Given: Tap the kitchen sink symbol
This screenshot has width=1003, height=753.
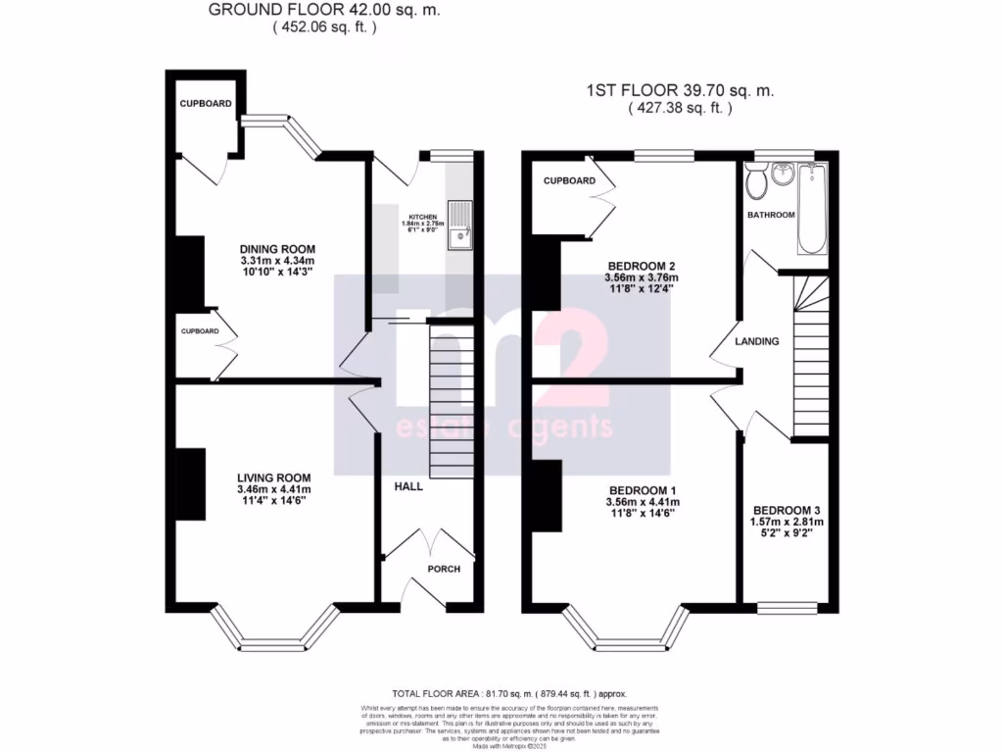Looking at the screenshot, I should point(459,225).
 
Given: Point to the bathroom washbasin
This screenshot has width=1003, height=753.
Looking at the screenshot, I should point(782,175).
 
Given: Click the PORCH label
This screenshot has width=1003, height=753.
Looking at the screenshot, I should point(443,569).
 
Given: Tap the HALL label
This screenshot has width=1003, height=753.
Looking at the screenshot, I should point(408,486).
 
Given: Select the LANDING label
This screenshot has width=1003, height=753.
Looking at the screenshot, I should point(757,342).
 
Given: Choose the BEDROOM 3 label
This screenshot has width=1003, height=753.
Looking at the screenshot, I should point(788,511).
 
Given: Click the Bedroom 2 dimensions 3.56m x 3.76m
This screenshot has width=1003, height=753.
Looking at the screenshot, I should point(643,278).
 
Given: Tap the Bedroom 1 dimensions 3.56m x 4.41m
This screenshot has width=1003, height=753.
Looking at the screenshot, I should point(643,502).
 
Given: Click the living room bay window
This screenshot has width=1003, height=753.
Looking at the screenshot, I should point(275,635).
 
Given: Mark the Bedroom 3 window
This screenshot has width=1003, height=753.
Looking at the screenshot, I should point(788,608).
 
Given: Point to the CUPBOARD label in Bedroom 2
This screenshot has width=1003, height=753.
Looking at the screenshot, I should point(569,180).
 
